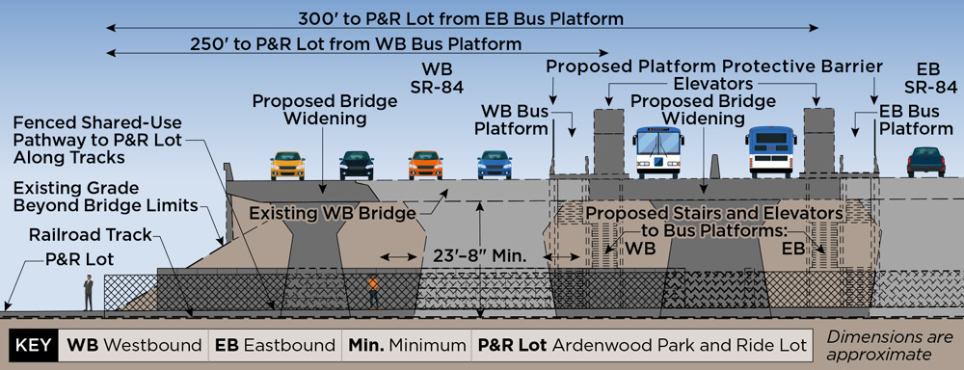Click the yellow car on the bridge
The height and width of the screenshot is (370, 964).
(286, 165)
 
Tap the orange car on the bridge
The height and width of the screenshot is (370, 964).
(425, 165)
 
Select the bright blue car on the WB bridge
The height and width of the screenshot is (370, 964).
(495, 165)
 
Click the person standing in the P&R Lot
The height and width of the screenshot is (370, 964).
(88, 293)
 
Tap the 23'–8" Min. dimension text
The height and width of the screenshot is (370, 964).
(469, 257)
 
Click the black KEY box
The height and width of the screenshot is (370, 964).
(33, 345)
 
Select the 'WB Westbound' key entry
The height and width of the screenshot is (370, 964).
(133, 345)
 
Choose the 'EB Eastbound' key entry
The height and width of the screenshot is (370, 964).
(274, 345)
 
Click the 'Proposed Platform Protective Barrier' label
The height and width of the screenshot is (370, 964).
(714, 66)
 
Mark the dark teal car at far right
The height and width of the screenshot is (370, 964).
(925, 161)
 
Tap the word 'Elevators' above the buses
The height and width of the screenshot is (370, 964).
(714, 85)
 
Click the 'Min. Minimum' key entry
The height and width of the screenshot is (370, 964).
(406, 345)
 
